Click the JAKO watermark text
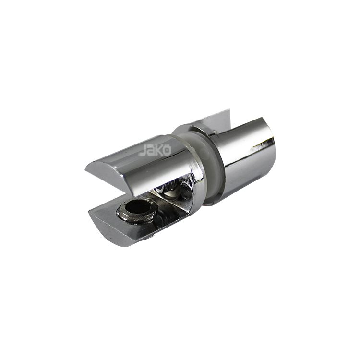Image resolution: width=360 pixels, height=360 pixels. coord(155,150)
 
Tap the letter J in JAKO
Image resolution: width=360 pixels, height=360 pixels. coord(143,151)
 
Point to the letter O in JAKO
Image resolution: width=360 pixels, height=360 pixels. coord(167,150)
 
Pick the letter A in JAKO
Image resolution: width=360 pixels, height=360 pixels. coord(150,151)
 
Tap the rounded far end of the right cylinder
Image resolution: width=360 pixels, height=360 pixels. coord(269,144)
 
